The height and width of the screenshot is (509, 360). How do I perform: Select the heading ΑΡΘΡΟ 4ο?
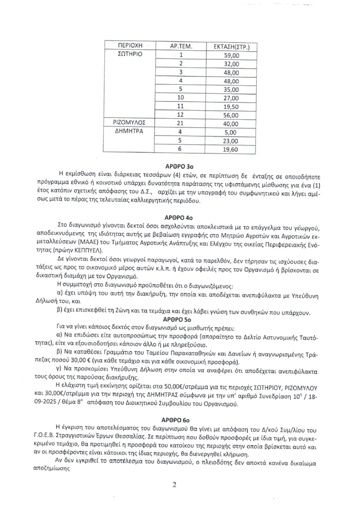[x=180, y=216]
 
